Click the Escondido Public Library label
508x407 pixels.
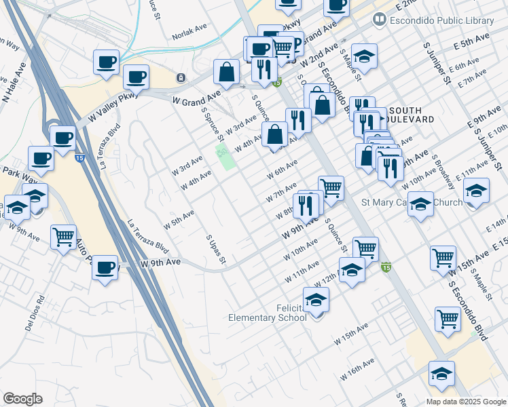(x=442, y=21)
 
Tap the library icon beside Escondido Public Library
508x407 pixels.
(x=378, y=21)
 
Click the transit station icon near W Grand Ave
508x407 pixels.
(x=181, y=77)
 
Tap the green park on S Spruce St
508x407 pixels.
(x=226, y=157)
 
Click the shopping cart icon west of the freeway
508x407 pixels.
(x=63, y=237)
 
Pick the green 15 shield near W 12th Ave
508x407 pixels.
(x=386, y=267)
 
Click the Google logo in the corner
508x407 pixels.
(x=23, y=399)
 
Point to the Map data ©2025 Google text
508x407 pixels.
(x=465, y=402)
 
